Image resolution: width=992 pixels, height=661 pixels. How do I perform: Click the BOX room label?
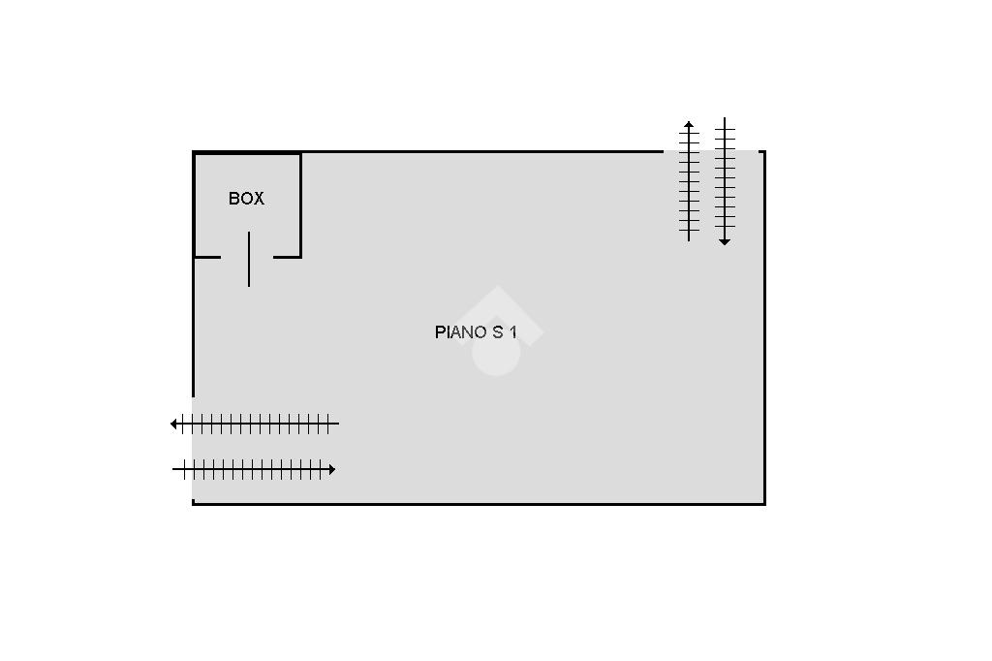[246, 198]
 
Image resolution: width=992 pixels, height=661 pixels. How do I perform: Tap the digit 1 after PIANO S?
[513, 332]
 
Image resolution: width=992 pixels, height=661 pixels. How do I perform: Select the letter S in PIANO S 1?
[498, 332]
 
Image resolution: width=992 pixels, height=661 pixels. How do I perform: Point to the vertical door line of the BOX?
[249, 259]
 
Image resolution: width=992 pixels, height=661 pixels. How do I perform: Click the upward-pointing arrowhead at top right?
[689, 124]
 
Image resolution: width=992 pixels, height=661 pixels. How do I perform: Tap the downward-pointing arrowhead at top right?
[725, 242]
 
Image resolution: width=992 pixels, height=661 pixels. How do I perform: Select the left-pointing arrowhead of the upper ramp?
[174, 424]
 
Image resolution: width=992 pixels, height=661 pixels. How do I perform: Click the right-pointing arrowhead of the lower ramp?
[331, 470]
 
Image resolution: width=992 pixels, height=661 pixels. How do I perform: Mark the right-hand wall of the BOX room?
[300, 205]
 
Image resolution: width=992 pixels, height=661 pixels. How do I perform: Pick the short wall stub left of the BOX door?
[207, 257]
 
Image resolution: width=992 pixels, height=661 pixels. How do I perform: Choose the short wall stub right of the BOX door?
[287, 257]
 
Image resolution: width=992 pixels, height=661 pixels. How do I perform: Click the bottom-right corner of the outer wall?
[765, 504]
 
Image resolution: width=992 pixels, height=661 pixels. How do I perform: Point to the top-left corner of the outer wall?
[193, 152]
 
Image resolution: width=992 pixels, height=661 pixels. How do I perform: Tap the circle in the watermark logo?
[496, 355]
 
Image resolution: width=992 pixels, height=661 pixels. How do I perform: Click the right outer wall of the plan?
[765, 328]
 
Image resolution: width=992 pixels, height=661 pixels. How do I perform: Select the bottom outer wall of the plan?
[479, 504]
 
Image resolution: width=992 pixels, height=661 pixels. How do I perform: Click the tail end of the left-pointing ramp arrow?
[339, 424]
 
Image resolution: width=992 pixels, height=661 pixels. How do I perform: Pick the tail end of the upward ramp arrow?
[689, 240]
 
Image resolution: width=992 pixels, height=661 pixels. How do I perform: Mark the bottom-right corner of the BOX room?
[300, 257]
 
